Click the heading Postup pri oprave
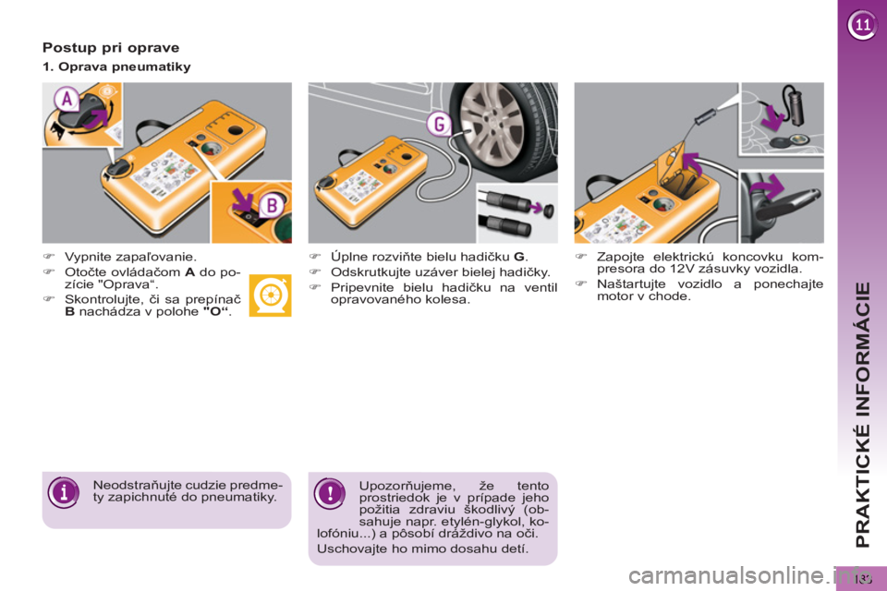[111, 46]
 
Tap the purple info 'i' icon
[63, 491]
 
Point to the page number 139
[865, 578]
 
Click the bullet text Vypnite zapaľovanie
[129, 258]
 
